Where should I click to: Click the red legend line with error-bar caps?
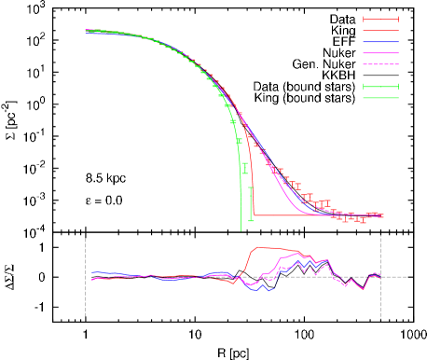380,19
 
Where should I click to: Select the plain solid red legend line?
380,31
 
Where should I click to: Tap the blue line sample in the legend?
380,42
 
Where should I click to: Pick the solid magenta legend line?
380,53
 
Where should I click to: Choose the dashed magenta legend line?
380,64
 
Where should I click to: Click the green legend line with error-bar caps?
380,87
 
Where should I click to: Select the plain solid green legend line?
380,98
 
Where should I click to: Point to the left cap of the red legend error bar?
364,19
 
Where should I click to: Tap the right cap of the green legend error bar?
398,87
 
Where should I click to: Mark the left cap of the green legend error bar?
364,87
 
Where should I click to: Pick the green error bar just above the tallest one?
244,169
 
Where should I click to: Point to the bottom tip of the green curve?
241,228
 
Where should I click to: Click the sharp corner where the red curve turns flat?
255,215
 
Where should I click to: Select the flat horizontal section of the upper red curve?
298,215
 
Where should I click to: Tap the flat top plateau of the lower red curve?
266,247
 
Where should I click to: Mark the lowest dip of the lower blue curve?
266,291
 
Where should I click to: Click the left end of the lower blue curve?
93,272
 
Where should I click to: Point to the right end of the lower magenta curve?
380,275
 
